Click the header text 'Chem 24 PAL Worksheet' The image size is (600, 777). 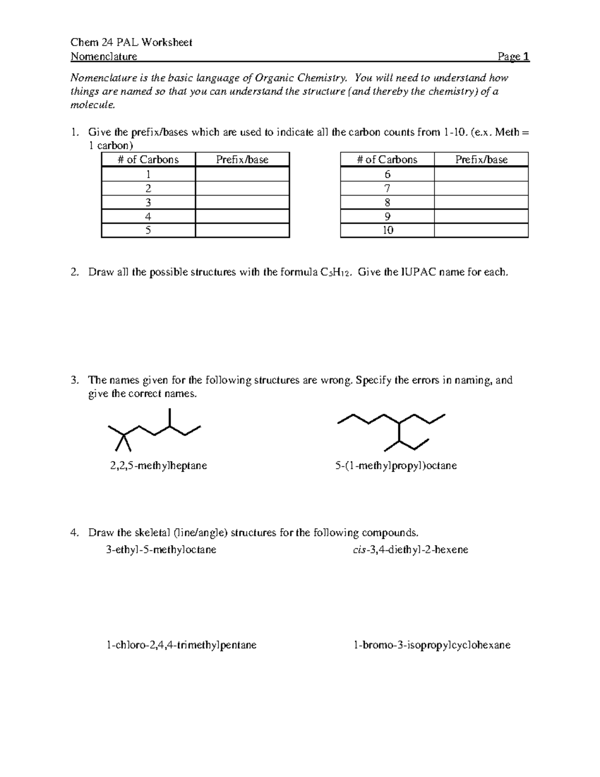[131, 43]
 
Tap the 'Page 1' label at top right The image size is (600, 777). [513, 57]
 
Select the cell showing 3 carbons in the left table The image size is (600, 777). [148, 203]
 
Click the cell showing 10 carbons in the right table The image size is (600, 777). [387, 230]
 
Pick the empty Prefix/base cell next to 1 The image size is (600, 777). [242, 175]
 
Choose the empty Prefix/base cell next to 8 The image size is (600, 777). [481, 203]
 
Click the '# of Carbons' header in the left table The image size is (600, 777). [148, 160]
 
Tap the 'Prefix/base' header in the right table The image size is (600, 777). [481, 160]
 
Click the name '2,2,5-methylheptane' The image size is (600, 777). [158, 466]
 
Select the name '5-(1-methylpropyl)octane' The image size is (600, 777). [395, 466]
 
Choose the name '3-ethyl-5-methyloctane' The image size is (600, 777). [161, 550]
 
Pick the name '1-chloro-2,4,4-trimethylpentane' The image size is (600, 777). [181, 645]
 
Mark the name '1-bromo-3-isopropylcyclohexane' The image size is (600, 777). [431, 645]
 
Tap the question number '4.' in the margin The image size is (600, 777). [74, 533]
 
